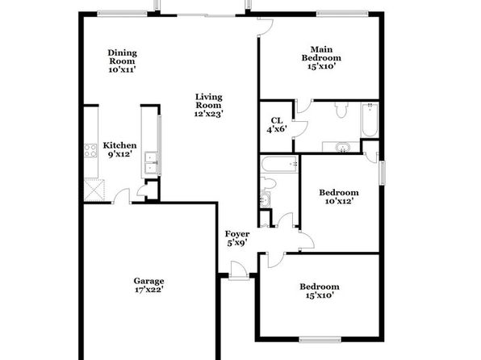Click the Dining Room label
[122, 61]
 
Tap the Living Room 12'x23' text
[208, 105]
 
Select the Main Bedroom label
[321, 57]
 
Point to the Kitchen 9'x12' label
[119, 149]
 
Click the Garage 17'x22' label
[148, 285]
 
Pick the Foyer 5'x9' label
[237, 238]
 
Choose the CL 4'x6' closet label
[277, 125]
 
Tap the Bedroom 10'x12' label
[339, 197]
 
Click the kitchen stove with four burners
[90, 150]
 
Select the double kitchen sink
[151, 163]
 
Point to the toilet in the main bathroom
[341, 110]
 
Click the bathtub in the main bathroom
[370, 120]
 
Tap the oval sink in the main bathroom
[341, 148]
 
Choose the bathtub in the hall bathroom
[279, 164]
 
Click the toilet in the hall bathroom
[268, 183]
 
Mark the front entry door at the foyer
[239, 270]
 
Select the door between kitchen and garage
[122, 196]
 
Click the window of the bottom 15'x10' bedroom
[320, 340]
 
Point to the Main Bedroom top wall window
[343, 14]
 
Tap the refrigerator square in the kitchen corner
[94, 190]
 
